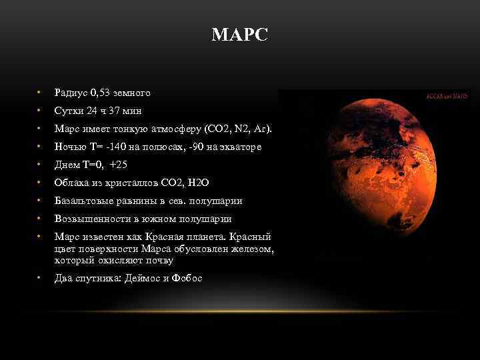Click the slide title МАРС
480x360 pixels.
239,35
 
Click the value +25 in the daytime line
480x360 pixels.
119,164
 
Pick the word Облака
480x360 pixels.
70,182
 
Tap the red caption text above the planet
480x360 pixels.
446,97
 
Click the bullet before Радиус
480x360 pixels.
39,93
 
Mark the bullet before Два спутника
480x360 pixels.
39,278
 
